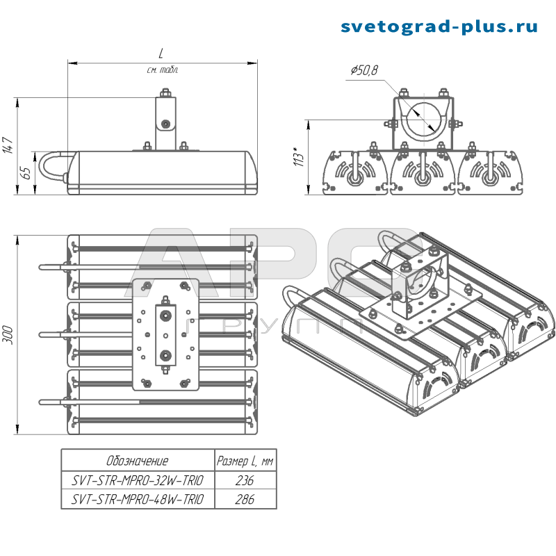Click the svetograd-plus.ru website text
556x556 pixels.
tap(439, 27)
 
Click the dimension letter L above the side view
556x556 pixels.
tap(161, 54)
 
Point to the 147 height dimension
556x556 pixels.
tap(8, 145)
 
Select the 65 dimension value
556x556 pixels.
tap(26, 172)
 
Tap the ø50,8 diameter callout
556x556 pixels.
tap(364, 70)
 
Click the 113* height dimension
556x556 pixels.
tap(299, 156)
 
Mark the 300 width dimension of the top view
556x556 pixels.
tap(8, 335)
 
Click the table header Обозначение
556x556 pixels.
tap(137, 461)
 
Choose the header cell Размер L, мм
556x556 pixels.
tap(245, 461)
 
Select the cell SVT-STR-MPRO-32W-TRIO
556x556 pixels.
tap(138, 480)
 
